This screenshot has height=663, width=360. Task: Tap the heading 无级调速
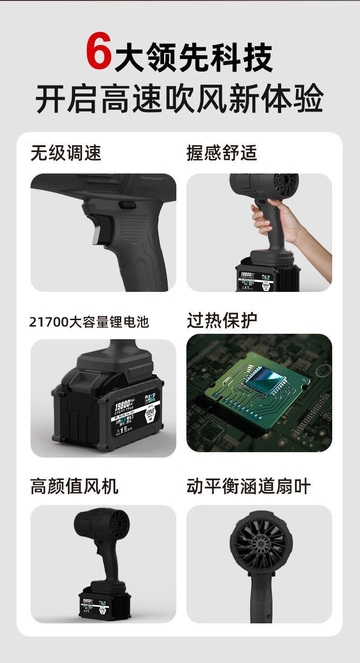point(66,153)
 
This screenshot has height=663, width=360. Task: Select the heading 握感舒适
point(222,153)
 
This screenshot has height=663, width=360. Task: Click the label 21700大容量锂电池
point(89,322)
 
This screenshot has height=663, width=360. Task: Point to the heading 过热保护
point(222,320)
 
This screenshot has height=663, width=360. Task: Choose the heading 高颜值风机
point(74,486)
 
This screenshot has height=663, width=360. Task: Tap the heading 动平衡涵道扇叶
point(248,486)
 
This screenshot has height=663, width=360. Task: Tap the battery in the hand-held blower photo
point(267,274)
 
